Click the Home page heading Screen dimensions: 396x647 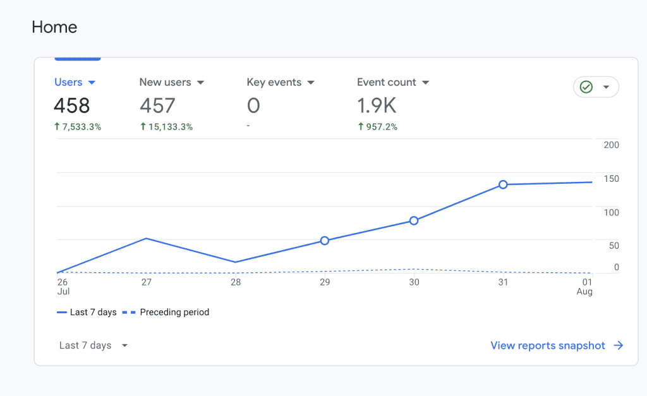pyautogui.click(x=54, y=27)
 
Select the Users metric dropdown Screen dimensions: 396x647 pyautogui.click(x=75, y=82)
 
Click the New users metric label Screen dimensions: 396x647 pyautogui.click(x=165, y=82)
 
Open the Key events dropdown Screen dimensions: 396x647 pyautogui.click(x=281, y=82)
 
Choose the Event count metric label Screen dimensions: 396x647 pyautogui.click(x=387, y=82)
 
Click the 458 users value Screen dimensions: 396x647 pyautogui.click(x=72, y=105)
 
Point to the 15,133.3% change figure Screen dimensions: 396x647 pyautogui.click(x=166, y=127)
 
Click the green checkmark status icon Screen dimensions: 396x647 pyautogui.click(x=586, y=87)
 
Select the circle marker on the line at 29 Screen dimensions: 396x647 pyautogui.click(x=325, y=241)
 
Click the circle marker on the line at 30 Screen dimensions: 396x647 pyautogui.click(x=414, y=220)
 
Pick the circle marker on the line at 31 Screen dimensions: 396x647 pyautogui.click(x=503, y=184)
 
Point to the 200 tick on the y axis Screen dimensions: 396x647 pyautogui.click(x=611, y=145)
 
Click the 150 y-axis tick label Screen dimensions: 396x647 pyautogui.click(x=611, y=179)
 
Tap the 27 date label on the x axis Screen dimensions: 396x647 pyautogui.click(x=147, y=282)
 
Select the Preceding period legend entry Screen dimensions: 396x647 pyautogui.click(x=166, y=312)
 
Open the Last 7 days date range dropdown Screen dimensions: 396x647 pyautogui.click(x=94, y=345)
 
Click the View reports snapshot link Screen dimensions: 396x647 pyautogui.click(x=557, y=345)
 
